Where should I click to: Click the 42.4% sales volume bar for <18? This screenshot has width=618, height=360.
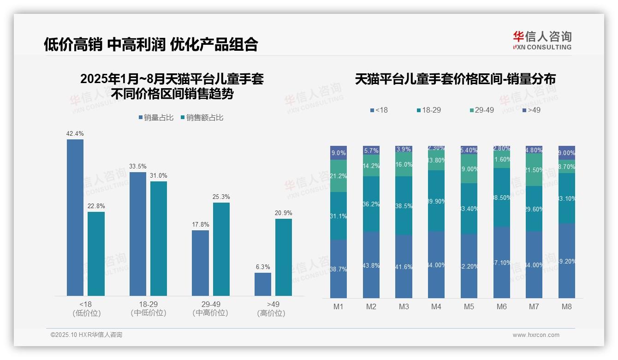[x=75, y=217]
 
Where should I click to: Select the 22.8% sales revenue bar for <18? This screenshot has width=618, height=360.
[x=96, y=253]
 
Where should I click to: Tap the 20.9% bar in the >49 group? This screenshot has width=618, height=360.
[x=284, y=257]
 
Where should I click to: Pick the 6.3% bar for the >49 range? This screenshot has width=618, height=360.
[x=263, y=284]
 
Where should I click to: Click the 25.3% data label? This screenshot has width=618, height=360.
[x=221, y=197]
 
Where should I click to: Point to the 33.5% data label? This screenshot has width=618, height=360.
[x=138, y=167]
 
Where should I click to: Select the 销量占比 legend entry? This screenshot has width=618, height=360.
[x=155, y=118]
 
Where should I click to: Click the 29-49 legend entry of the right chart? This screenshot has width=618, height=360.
[x=481, y=110]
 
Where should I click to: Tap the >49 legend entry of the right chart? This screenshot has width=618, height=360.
[x=531, y=110]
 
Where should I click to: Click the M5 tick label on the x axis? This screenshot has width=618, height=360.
[x=469, y=307]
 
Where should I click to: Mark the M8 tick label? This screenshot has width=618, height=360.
[x=567, y=307]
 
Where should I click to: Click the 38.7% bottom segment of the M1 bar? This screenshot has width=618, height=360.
[x=339, y=269]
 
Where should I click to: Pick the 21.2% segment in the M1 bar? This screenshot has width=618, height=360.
[x=339, y=176]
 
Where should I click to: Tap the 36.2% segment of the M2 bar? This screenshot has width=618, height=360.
[x=371, y=204]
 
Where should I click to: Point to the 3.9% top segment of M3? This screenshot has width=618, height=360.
[x=404, y=150]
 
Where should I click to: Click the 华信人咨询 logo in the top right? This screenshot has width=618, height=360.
[x=542, y=40]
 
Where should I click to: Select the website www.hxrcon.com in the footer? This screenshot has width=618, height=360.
[x=536, y=335]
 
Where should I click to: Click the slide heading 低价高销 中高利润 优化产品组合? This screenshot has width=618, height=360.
[x=151, y=44]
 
